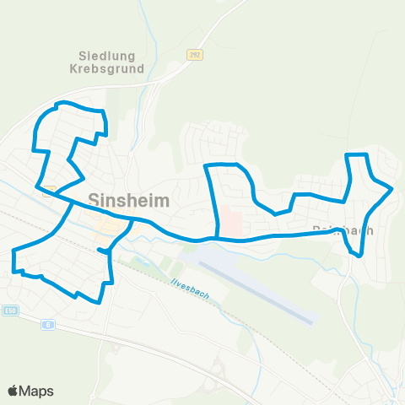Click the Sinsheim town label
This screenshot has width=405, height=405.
click(128, 201)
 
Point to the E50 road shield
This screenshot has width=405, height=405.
click(9, 310)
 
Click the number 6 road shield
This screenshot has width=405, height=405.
click(48, 323)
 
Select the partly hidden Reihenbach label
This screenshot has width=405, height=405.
click(354, 229)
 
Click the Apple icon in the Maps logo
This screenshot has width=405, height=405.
click(13, 391)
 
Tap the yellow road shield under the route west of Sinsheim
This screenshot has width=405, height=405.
click(49, 190)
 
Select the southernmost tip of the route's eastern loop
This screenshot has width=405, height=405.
click(360, 255)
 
